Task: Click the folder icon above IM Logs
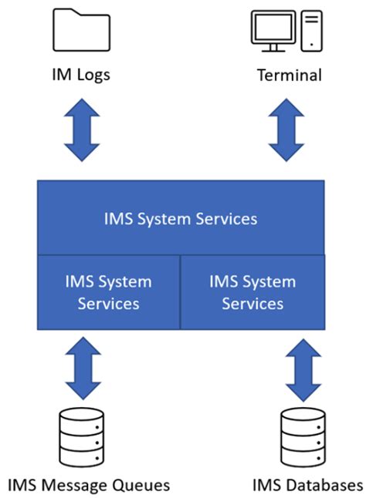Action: (x=80, y=31)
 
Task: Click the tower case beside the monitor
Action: (x=311, y=31)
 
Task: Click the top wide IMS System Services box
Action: (x=181, y=218)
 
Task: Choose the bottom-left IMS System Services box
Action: (x=108, y=292)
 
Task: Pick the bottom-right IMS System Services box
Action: (x=252, y=292)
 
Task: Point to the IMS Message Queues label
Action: (x=89, y=485)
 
